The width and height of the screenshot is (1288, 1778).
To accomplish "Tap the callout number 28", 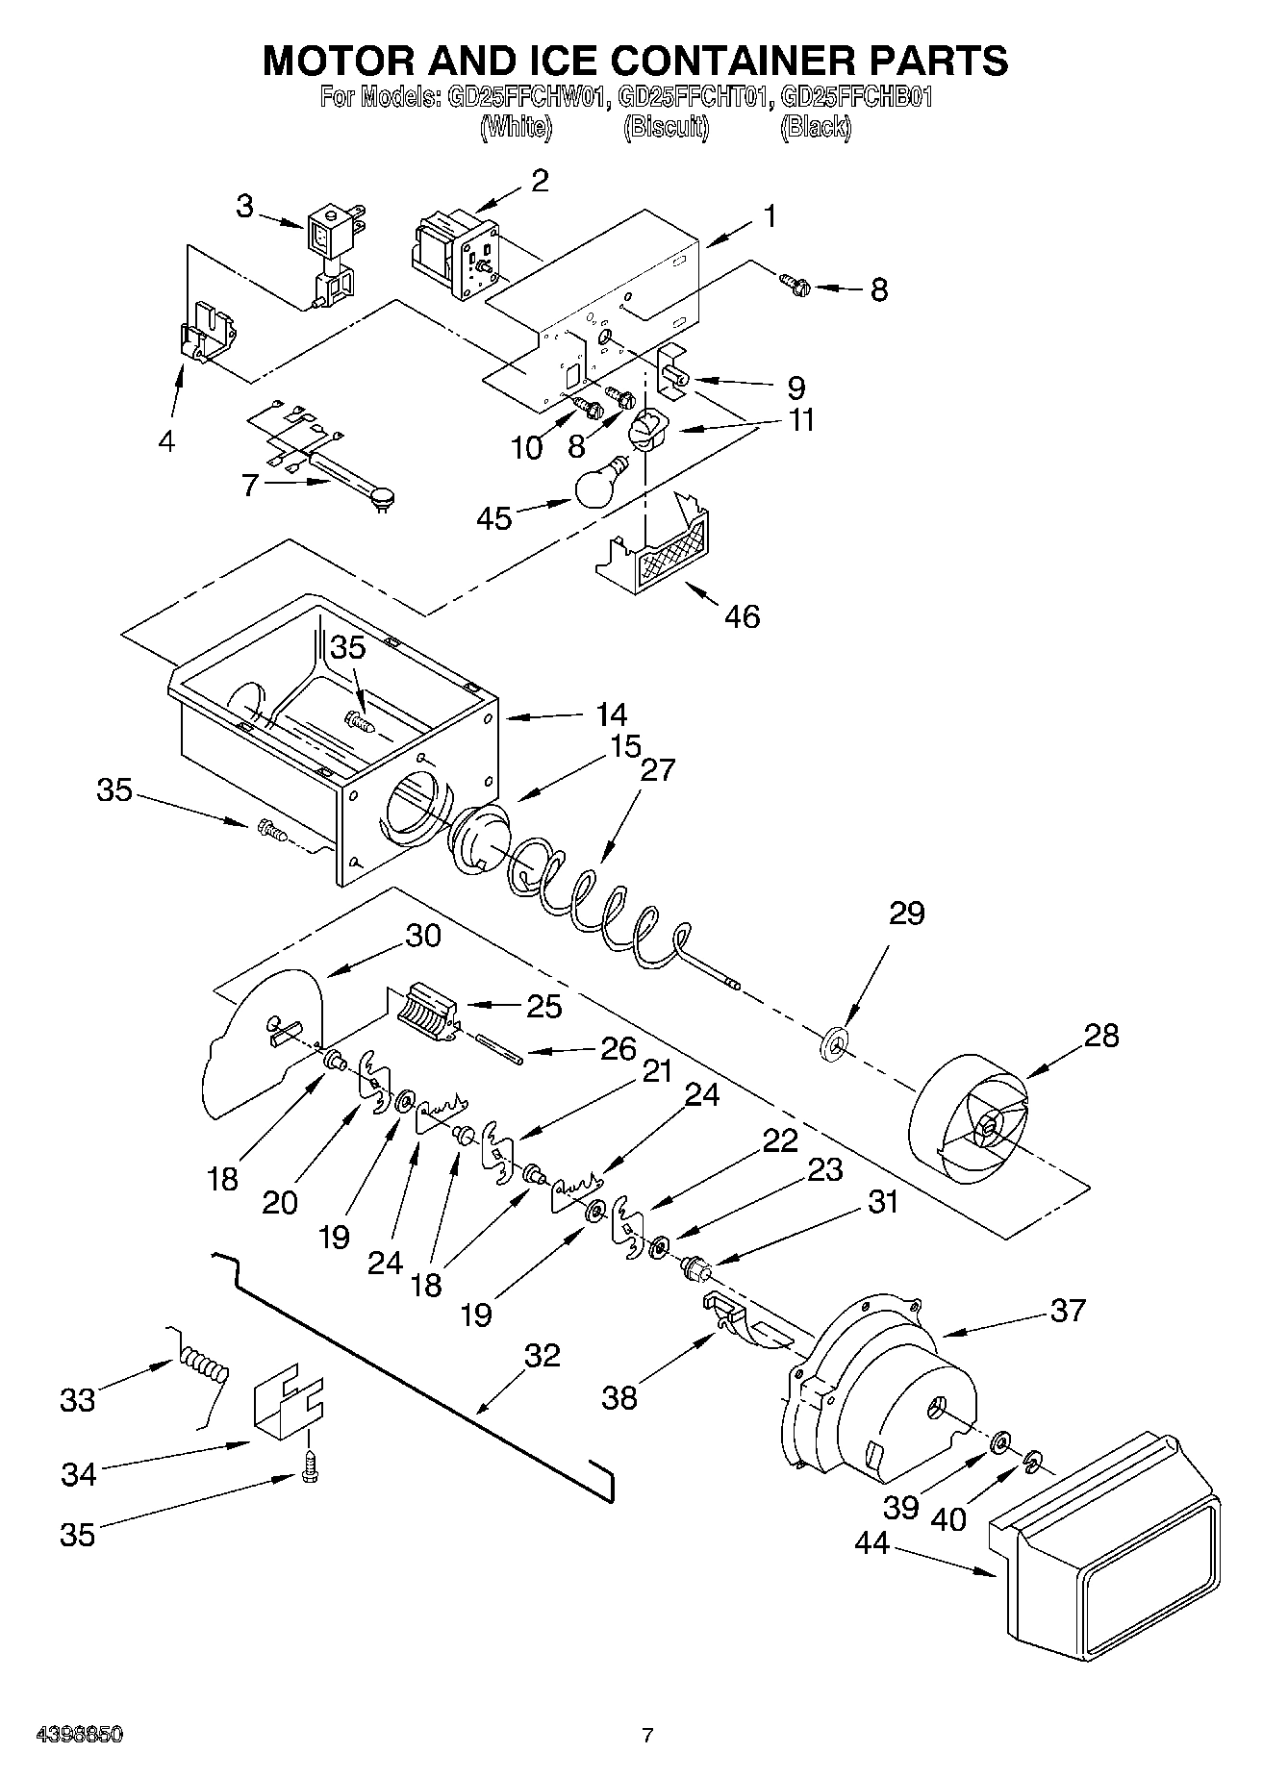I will click(x=1101, y=1036).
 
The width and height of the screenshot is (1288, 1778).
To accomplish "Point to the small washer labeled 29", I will click(x=833, y=1041).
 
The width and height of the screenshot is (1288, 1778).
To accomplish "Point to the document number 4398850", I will click(x=79, y=1735).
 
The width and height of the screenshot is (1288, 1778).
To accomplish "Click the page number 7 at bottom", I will click(x=647, y=1735).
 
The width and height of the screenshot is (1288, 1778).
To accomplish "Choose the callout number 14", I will click(x=610, y=714).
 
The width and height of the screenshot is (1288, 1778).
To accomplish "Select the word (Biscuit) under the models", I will click(x=666, y=127).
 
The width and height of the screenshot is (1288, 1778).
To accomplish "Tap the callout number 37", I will click(x=1067, y=1310).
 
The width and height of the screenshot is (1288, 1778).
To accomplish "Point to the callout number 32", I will click(x=542, y=1355).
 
